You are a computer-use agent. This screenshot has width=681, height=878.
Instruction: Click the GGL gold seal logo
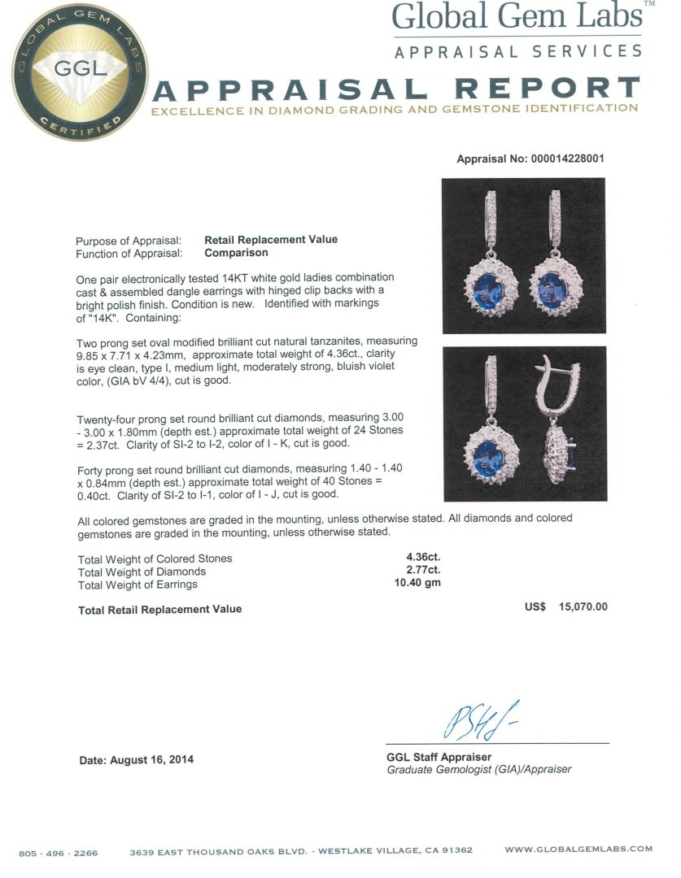click(79, 72)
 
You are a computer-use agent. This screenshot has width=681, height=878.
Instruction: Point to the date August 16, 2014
click(137, 760)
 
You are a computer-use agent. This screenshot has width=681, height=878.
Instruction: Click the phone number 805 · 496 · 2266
click(58, 853)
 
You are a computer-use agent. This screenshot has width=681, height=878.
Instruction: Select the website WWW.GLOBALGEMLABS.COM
click(578, 850)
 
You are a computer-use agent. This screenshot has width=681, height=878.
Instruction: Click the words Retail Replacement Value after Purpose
click(270, 240)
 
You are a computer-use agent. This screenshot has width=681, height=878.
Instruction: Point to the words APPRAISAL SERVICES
click(517, 52)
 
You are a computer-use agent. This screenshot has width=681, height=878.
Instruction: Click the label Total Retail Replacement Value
click(159, 609)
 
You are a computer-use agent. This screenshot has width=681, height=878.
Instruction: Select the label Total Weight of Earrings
click(138, 584)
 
